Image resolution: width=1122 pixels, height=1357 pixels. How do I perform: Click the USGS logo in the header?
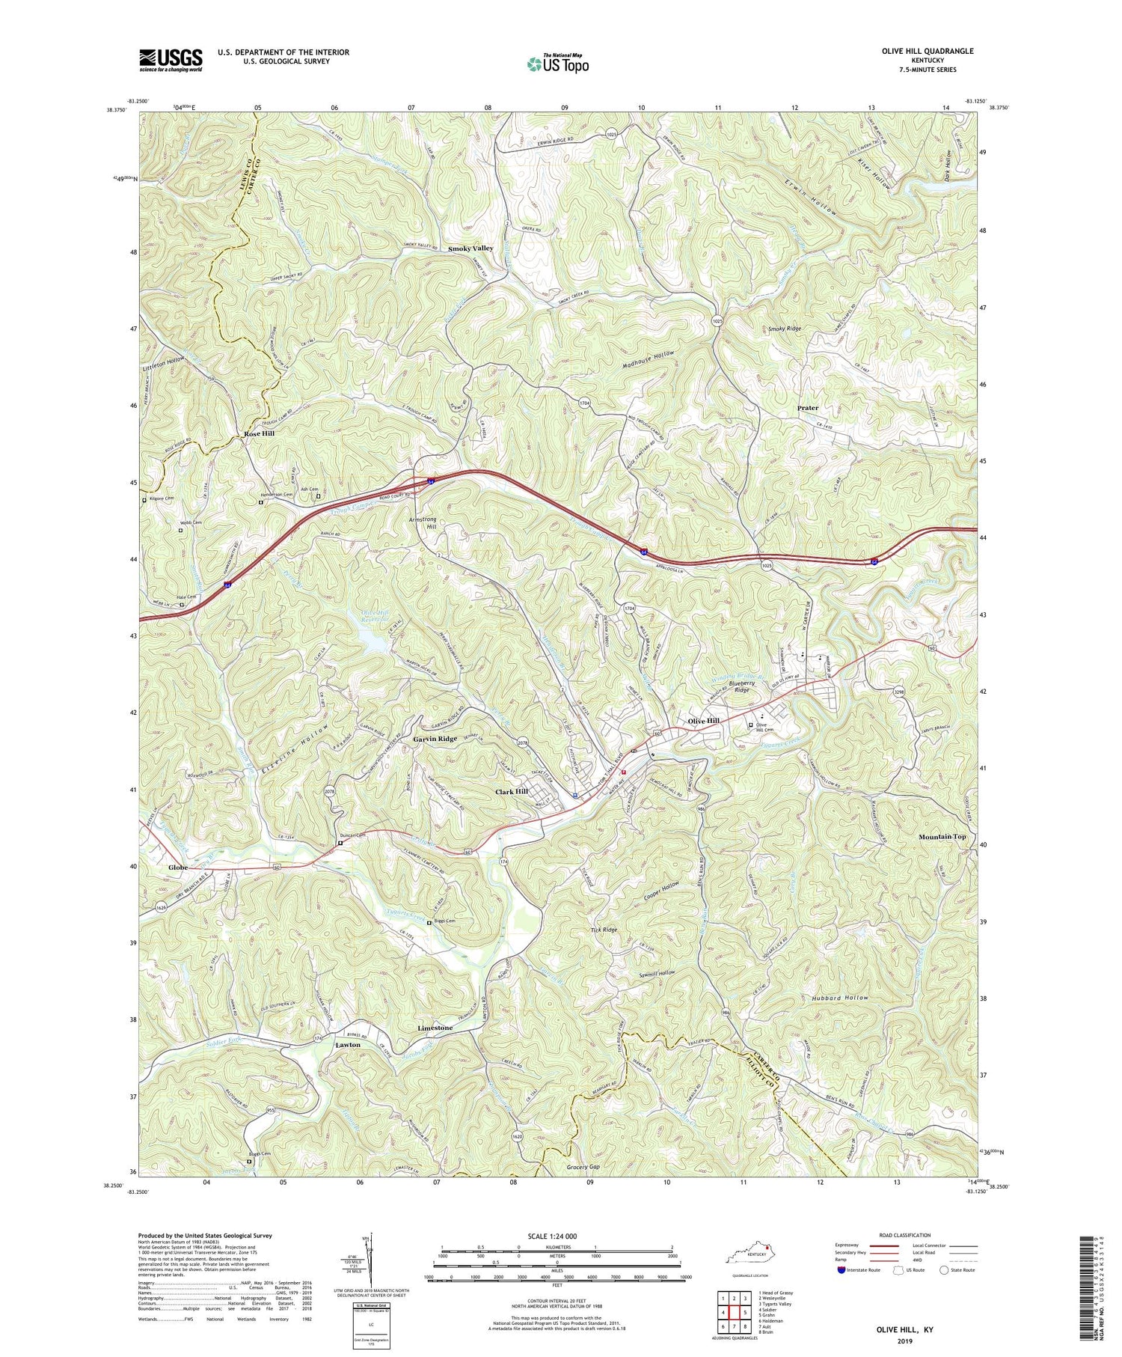(x=171, y=60)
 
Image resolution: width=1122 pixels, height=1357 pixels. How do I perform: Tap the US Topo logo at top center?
(x=557, y=64)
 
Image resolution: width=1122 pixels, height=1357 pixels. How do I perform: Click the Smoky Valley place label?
(x=470, y=248)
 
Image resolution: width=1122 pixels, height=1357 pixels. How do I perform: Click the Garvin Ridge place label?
(x=435, y=739)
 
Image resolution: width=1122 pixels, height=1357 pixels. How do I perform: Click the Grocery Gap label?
(x=583, y=1167)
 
